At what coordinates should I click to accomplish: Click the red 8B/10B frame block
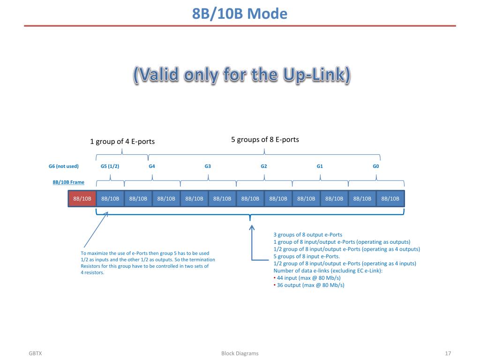point(82,199)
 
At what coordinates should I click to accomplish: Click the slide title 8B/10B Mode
point(240,14)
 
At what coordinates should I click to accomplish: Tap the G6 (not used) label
point(64,166)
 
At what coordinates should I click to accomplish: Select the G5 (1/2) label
point(110,166)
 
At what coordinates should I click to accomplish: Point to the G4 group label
point(152,166)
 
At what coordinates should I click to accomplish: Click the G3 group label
point(208,166)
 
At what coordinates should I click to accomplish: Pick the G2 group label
point(264,166)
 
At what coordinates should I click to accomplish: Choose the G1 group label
point(320,166)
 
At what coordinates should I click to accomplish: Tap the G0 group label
point(376,166)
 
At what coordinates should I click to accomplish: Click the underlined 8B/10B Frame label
point(68,182)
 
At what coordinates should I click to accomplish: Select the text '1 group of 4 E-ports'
point(122,142)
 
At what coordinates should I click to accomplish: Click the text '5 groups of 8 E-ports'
point(265,140)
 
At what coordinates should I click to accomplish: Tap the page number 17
point(448,353)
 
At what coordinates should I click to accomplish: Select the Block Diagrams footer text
point(240,353)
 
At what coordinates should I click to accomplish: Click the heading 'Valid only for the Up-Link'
point(241,75)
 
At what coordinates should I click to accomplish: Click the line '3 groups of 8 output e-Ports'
point(307,235)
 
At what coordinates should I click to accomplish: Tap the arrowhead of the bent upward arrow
point(252,228)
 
